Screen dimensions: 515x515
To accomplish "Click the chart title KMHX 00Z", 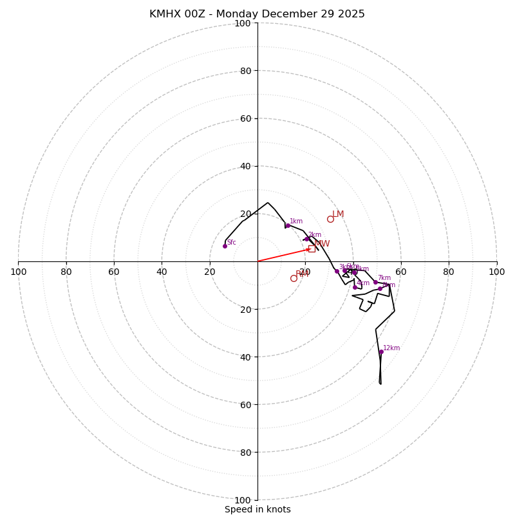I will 257,14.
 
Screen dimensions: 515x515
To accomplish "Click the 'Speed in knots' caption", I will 257,509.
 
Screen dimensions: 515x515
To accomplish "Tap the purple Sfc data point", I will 225,246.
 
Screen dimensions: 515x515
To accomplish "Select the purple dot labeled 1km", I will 288,225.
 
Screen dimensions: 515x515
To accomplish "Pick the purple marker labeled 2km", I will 306,239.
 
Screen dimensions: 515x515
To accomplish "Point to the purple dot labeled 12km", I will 381,351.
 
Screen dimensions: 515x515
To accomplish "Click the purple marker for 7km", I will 375,282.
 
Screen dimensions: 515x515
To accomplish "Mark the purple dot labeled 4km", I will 355,287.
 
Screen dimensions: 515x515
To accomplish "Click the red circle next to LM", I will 330,219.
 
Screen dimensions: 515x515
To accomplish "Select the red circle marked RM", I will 294,278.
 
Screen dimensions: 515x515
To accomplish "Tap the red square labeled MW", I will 312,248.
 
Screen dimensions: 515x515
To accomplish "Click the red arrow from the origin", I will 283,255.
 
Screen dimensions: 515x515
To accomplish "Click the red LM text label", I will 338,214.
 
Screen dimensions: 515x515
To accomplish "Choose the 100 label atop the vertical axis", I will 243,23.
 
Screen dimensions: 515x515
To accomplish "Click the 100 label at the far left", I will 18,272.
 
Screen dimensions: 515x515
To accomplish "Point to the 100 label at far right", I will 496,272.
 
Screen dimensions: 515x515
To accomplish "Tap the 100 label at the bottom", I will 243,500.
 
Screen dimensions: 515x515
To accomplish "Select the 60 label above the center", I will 245,118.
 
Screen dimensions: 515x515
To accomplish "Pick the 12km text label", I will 391,348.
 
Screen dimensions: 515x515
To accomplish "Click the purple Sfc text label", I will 232,243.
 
